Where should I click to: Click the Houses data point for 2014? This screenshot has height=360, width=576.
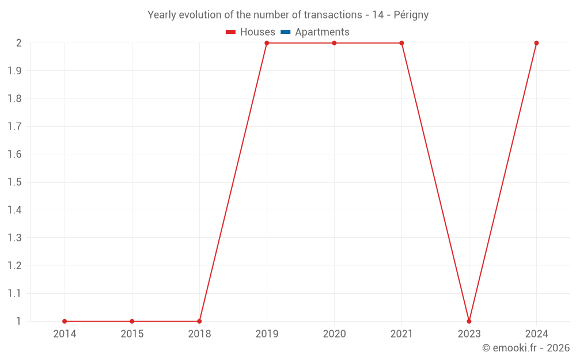click(65, 321)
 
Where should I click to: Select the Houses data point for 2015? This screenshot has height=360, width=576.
click(132, 321)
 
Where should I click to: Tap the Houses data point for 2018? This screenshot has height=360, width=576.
click(199, 321)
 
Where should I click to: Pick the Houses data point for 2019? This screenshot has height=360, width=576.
click(267, 43)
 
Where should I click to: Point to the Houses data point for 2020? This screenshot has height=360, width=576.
click(334, 43)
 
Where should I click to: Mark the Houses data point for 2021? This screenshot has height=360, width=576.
click(401, 43)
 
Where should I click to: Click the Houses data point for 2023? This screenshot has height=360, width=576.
click(469, 321)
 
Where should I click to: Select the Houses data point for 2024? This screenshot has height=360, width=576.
click(536, 43)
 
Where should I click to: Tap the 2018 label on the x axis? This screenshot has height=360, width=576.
click(199, 334)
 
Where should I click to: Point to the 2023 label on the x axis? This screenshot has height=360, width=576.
click(469, 334)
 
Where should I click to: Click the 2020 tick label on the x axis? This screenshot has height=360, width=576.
click(334, 334)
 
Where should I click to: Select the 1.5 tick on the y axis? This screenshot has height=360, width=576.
click(14, 183)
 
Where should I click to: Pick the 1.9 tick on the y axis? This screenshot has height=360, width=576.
click(14, 71)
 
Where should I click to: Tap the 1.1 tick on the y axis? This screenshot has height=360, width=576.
click(14, 294)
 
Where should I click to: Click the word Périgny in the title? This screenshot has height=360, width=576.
click(411, 15)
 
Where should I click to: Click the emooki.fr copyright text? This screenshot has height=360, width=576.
click(526, 348)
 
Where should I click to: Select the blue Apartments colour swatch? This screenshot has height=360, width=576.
click(286, 32)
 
